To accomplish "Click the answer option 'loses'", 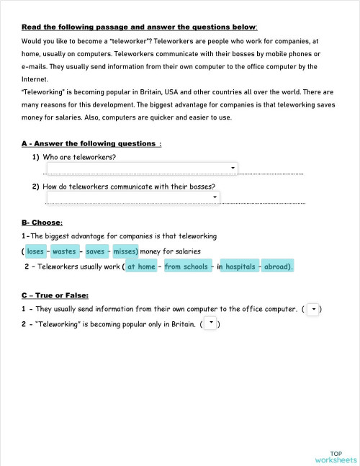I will [35, 251].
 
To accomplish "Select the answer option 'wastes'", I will [64, 251].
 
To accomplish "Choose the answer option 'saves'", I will [95, 251].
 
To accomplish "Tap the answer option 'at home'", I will [141, 266].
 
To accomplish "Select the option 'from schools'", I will [186, 266].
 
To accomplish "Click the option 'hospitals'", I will [240, 266].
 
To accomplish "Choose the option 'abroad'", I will [277, 266].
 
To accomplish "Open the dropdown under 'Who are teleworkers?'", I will [142, 169].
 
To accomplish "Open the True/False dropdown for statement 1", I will [312, 309].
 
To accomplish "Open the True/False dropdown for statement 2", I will [211, 323].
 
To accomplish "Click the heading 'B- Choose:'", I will [42, 222].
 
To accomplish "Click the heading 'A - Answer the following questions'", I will [91, 143].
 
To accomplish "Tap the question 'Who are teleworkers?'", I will [79, 157].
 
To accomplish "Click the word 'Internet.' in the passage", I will [35, 79].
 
